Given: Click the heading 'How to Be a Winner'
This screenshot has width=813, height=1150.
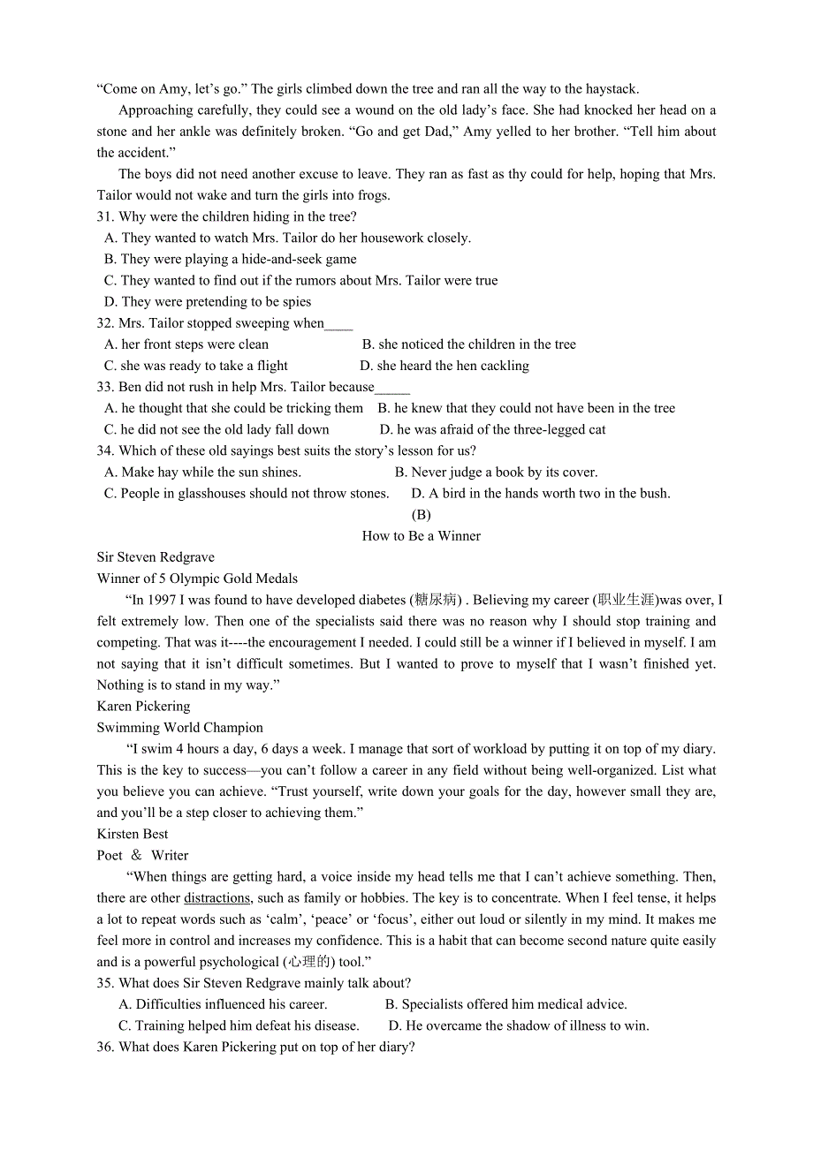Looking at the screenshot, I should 421,536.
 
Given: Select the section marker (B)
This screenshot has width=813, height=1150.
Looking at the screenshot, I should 421,515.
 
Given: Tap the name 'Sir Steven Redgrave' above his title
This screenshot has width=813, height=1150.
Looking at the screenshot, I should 156,557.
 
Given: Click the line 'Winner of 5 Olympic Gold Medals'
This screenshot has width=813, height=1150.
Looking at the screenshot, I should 197,579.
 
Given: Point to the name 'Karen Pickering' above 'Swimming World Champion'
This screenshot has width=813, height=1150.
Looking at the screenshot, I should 143,707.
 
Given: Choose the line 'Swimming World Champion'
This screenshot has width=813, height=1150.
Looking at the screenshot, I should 180,728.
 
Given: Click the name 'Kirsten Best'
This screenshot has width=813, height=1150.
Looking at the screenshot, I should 133,834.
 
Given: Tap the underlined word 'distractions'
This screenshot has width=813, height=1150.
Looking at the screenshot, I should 217,898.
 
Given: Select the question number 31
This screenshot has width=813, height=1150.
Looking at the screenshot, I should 105,217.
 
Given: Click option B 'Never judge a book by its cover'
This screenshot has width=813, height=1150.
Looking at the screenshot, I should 496,473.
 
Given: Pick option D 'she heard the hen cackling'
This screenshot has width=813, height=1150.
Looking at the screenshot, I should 444,366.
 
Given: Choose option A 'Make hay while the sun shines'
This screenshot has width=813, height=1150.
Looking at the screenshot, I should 202,473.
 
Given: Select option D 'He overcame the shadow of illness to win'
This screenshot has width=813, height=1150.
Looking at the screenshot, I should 519,1026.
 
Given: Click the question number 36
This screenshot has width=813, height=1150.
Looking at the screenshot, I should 105,1048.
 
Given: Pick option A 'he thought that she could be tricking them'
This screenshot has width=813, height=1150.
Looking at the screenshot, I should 233,408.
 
